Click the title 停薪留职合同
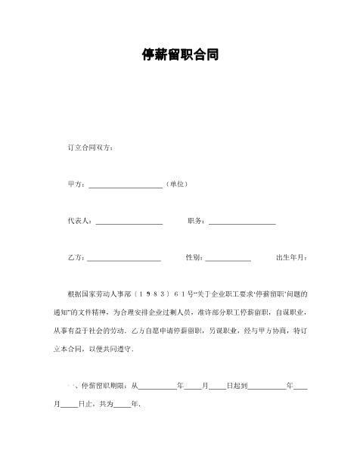tap(180, 55)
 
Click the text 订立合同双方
tap(91, 147)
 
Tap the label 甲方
tap(76, 184)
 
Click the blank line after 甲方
tap(126, 185)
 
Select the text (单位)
tap(176, 184)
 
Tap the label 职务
tap(196, 221)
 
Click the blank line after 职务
tap(242, 222)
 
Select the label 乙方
tap(76, 258)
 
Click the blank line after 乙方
tap(125, 259)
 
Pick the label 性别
tap(194, 258)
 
